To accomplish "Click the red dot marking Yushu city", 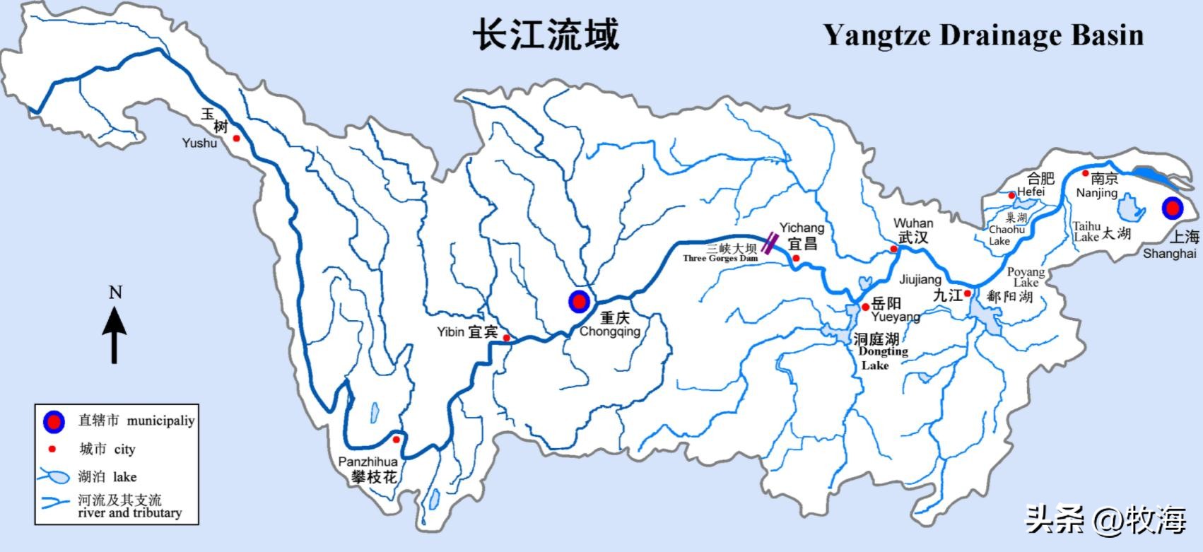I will [237, 139].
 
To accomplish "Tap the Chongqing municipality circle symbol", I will [579, 302].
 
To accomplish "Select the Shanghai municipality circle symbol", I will [1173, 208].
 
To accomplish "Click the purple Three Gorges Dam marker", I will [769, 242].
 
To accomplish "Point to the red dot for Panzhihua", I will [397, 440].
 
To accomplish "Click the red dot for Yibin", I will [507, 338].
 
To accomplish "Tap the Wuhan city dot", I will [894, 249].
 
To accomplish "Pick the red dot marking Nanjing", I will [1086, 173].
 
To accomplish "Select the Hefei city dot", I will [1011, 195].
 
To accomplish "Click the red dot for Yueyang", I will [865, 307].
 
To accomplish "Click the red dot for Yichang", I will [796, 259].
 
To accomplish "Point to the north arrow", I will [115, 336].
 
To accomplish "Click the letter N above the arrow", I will [115, 293].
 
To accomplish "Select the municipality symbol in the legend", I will [54, 421].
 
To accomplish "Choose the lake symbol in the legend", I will [54, 477].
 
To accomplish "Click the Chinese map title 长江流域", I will [546, 35].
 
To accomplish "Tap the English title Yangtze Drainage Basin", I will [983, 35].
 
